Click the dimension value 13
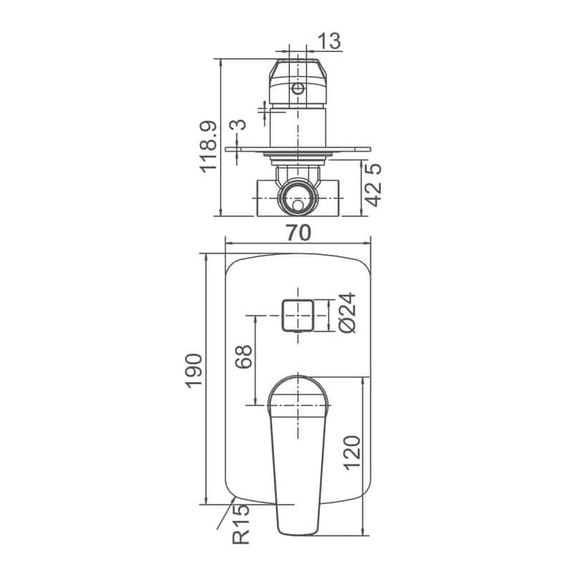329,41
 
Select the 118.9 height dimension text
208,147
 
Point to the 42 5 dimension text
373,185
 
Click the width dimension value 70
299,233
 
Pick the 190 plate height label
193,370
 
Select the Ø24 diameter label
347,312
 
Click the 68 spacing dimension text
244,356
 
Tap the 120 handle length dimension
352,453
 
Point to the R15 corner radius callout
241,524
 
